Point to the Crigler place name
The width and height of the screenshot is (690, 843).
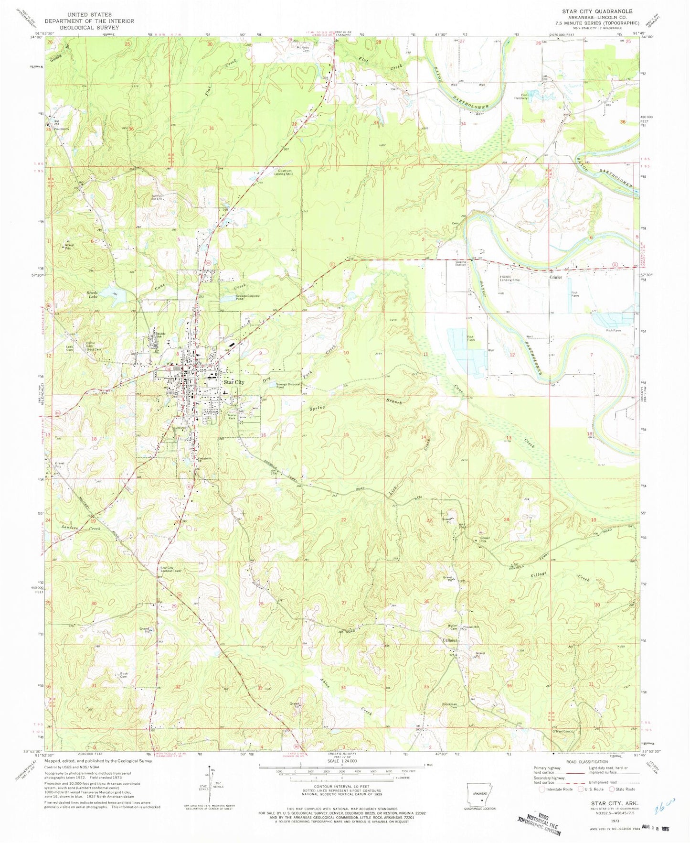[x=555, y=277]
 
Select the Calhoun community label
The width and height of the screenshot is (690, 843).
[x=451, y=640]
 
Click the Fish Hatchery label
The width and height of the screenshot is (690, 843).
[x=524, y=97]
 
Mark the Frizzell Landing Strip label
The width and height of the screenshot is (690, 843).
[x=510, y=279]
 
